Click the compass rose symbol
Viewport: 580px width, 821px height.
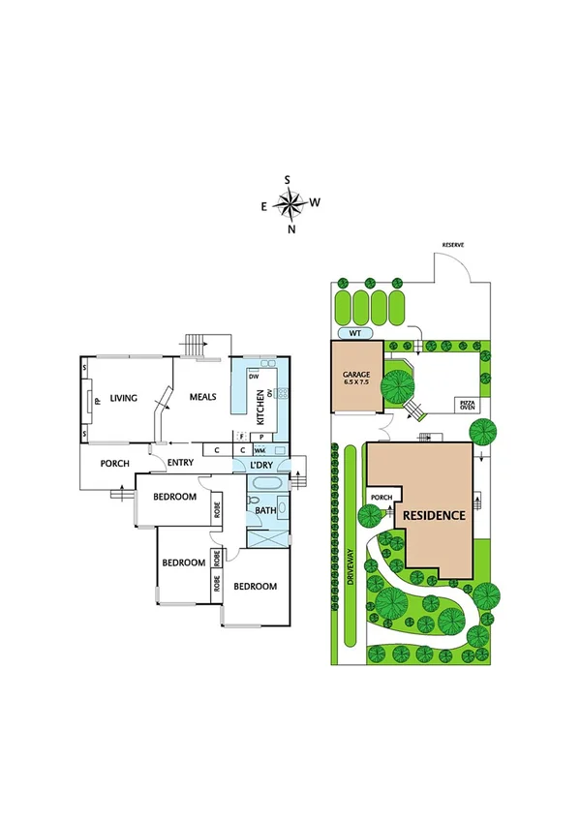(290, 203)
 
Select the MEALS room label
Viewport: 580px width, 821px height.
(202, 397)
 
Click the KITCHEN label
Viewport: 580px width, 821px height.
(260, 408)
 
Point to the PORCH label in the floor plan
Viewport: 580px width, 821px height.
(115, 464)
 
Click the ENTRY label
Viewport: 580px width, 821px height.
(180, 463)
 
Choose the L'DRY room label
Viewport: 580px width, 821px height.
(260, 467)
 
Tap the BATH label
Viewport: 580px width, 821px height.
(264, 510)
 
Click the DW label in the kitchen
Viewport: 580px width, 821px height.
(254, 377)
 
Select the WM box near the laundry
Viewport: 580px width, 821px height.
(259, 451)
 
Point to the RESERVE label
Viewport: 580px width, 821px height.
(454, 246)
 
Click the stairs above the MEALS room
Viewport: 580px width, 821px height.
(197, 345)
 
